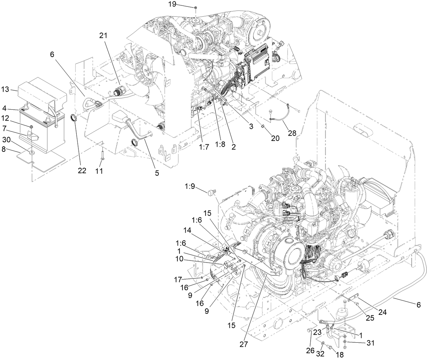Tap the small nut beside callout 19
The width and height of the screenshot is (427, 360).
click(196, 7)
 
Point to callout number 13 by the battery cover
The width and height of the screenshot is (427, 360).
click(5, 90)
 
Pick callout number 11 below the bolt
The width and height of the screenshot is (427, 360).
click(98, 171)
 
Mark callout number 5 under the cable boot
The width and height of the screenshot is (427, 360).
click(157, 173)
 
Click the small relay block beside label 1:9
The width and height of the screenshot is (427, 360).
click(211, 193)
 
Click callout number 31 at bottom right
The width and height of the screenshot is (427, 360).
click(370, 343)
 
